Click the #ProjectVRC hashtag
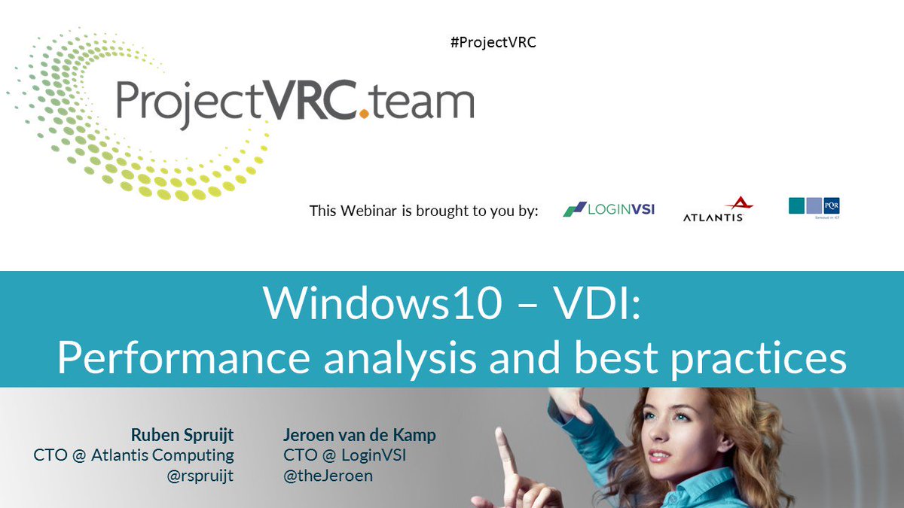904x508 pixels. [x=493, y=42]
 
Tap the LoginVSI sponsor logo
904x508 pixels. [x=609, y=209]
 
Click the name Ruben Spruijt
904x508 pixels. [x=182, y=435]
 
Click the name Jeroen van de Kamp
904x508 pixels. [x=359, y=435]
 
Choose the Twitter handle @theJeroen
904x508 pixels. [x=328, y=476]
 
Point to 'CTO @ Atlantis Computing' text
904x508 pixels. [x=133, y=455]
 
